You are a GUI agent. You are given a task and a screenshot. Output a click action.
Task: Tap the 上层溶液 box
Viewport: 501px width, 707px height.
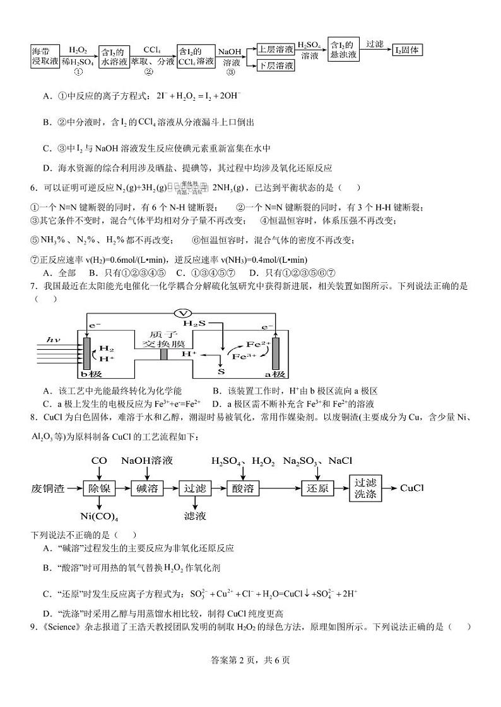coord(276,49)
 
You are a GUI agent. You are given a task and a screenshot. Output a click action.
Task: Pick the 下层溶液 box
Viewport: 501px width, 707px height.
coord(276,65)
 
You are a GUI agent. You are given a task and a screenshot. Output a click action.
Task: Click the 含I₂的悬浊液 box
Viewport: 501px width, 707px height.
coord(344,49)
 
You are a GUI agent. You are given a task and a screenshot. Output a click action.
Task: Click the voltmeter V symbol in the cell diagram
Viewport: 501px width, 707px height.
coord(182,313)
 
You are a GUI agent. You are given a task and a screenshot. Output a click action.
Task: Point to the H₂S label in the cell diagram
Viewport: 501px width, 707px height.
coord(196,323)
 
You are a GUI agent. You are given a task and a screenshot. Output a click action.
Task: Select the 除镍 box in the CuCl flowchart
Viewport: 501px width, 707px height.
coord(100,488)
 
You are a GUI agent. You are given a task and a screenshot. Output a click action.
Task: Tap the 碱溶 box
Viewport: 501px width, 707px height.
coord(147,488)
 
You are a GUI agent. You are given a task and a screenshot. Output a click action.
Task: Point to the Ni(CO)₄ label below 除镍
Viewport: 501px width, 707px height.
coord(100,516)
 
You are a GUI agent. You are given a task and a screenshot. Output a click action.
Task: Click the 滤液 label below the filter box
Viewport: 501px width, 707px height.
coord(194,516)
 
